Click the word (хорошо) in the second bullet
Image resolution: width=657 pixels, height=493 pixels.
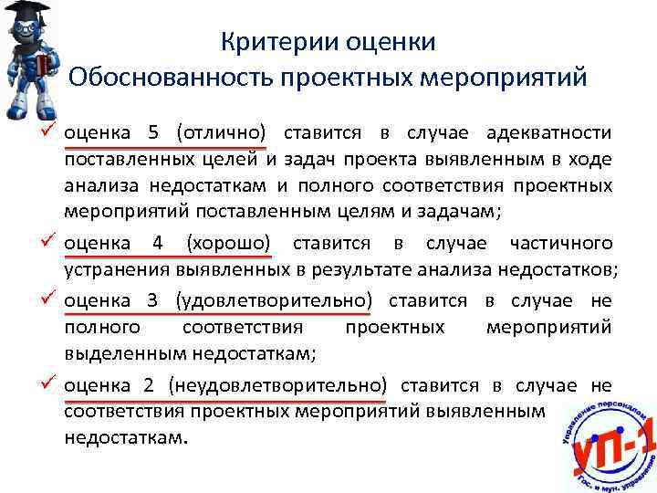pos(228,244)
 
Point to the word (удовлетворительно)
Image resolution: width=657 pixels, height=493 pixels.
pos(275,300)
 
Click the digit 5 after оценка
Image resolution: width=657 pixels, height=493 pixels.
pos(152,133)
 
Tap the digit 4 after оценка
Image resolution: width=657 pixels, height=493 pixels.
pos(157,244)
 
